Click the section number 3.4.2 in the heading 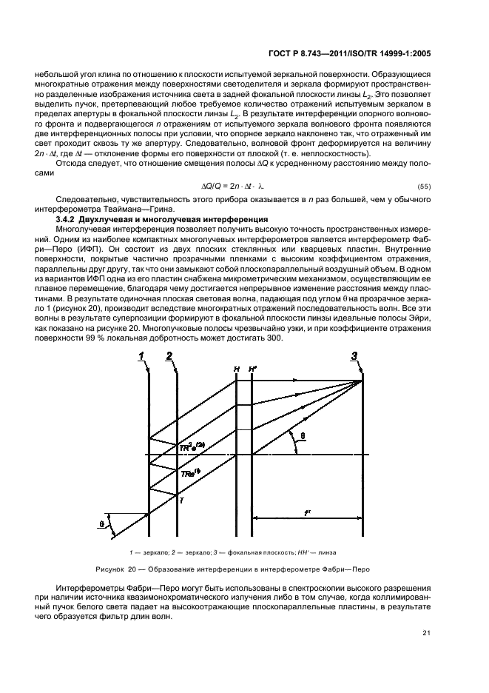69,219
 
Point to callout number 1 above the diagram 140,357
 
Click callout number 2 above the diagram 169,357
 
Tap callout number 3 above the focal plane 354,357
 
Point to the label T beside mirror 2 182,501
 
